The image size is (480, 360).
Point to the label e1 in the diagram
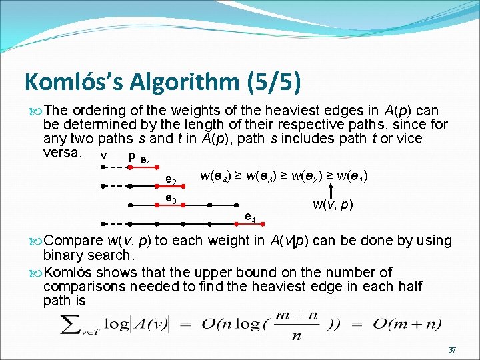pos(146,161)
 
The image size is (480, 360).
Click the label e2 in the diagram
pos(171,181)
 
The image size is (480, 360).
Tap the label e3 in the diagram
pos(171,200)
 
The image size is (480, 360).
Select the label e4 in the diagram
pos(250,217)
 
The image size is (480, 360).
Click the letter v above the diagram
pos(103,155)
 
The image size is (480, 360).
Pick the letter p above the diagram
pos(131,155)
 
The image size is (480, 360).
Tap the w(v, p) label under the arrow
pos(333,204)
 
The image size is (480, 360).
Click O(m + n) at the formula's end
pos(406,324)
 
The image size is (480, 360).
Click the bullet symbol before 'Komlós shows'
pos(34,273)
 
